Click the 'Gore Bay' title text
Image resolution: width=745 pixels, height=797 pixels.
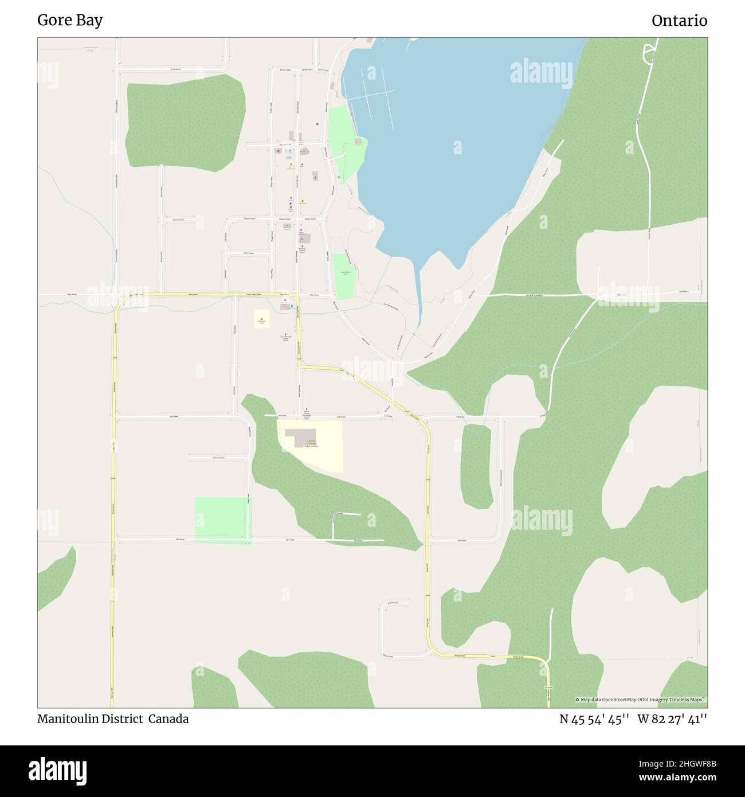(x=70, y=21)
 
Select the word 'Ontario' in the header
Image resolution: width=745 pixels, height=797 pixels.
(x=679, y=21)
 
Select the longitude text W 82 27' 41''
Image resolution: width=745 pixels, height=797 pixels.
(x=672, y=719)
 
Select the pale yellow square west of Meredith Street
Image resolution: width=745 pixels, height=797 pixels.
(x=262, y=319)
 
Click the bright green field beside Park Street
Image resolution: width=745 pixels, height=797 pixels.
(x=222, y=519)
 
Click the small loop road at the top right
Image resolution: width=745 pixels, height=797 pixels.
(x=649, y=53)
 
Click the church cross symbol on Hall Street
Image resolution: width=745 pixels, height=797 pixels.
(x=306, y=411)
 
